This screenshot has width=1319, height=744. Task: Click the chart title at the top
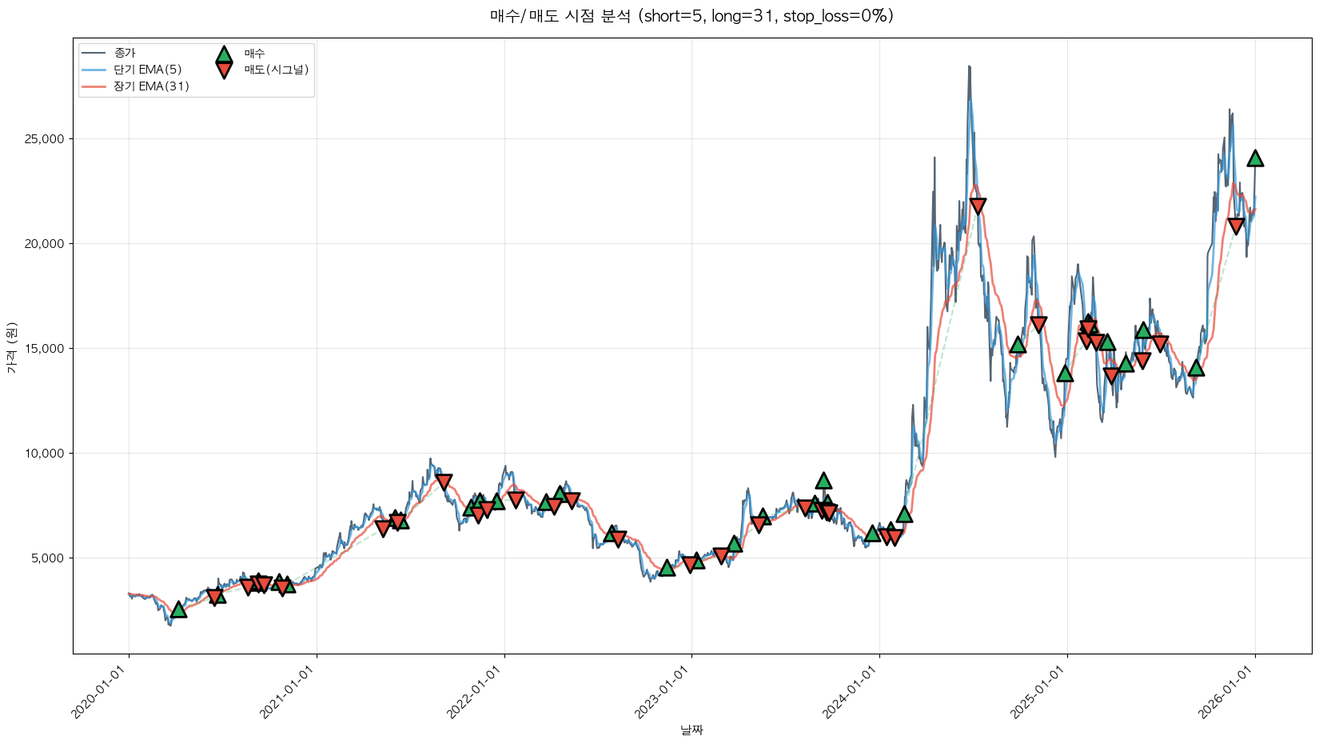pos(691,16)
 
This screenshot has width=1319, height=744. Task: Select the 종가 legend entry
pos(125,53)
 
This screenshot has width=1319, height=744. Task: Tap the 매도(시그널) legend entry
pos(276,70)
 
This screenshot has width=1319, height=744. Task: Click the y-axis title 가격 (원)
pos(12,347)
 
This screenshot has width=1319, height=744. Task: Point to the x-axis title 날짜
pos(691,730)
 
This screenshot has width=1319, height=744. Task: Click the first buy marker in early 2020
pos(178,610)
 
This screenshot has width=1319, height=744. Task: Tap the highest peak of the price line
pos(969,66)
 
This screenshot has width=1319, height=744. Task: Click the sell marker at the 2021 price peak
pos(444,482)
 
